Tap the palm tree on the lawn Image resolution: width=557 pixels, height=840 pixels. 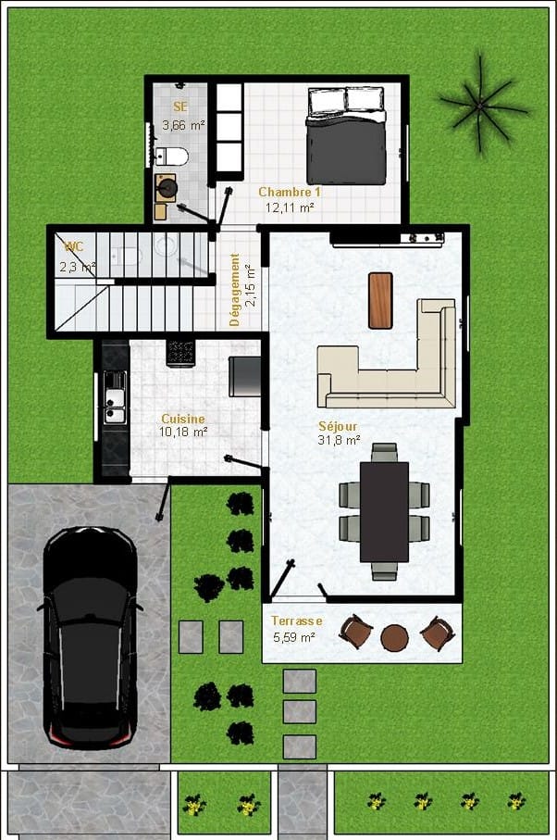point(481,105)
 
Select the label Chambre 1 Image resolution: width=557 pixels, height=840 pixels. point(290,192)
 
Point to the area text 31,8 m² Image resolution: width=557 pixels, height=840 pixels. point(340,440)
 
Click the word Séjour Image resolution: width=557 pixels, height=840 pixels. point(338,426)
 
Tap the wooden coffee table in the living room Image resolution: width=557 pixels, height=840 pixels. point(380,300)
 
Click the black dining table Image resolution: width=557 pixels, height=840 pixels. point(384,511)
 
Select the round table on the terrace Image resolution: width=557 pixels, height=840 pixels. point(394,637)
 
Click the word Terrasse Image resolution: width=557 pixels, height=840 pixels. point(296,621)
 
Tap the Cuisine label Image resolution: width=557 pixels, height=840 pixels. point(183,419)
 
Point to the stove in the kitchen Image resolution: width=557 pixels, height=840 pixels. point(180,353)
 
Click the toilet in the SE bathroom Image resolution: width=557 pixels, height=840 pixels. point(172,157)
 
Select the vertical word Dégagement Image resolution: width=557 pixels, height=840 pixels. point(234,290)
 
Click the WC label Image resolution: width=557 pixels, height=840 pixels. point(74,247)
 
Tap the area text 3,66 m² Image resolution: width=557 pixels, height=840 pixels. point(183,125)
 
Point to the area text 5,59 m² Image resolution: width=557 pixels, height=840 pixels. point(293,637)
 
